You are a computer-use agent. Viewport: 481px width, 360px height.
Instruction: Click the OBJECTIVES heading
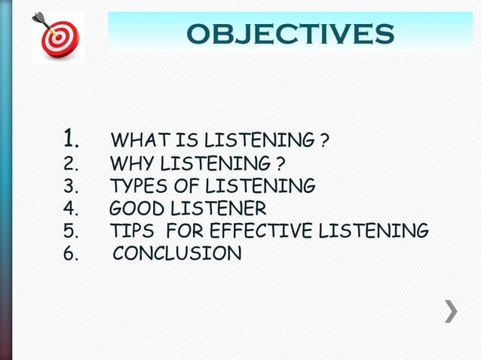coord(290,34)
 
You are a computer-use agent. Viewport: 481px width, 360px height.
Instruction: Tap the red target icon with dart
coord(57,35)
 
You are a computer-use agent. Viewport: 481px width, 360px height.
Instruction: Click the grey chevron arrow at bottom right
coord(450,311)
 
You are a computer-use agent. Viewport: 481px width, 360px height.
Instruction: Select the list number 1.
coord(72,139)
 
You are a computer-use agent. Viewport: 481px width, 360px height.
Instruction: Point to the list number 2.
coord(71,163)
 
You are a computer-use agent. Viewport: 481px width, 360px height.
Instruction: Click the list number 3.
coord(71,186)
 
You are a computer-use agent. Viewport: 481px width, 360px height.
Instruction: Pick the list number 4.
coord(71,209)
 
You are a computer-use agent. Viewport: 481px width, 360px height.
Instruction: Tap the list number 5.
coord(71,231)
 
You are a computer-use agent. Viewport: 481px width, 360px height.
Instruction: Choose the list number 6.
coord(71,254)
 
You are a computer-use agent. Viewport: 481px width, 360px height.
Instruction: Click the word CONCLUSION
coord(177,254)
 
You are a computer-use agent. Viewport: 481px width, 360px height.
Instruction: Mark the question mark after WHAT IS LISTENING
coord(323,141)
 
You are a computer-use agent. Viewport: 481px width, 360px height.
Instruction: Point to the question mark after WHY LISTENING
coord(280,163)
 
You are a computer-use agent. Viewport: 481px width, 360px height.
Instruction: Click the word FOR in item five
coord(184,231)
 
